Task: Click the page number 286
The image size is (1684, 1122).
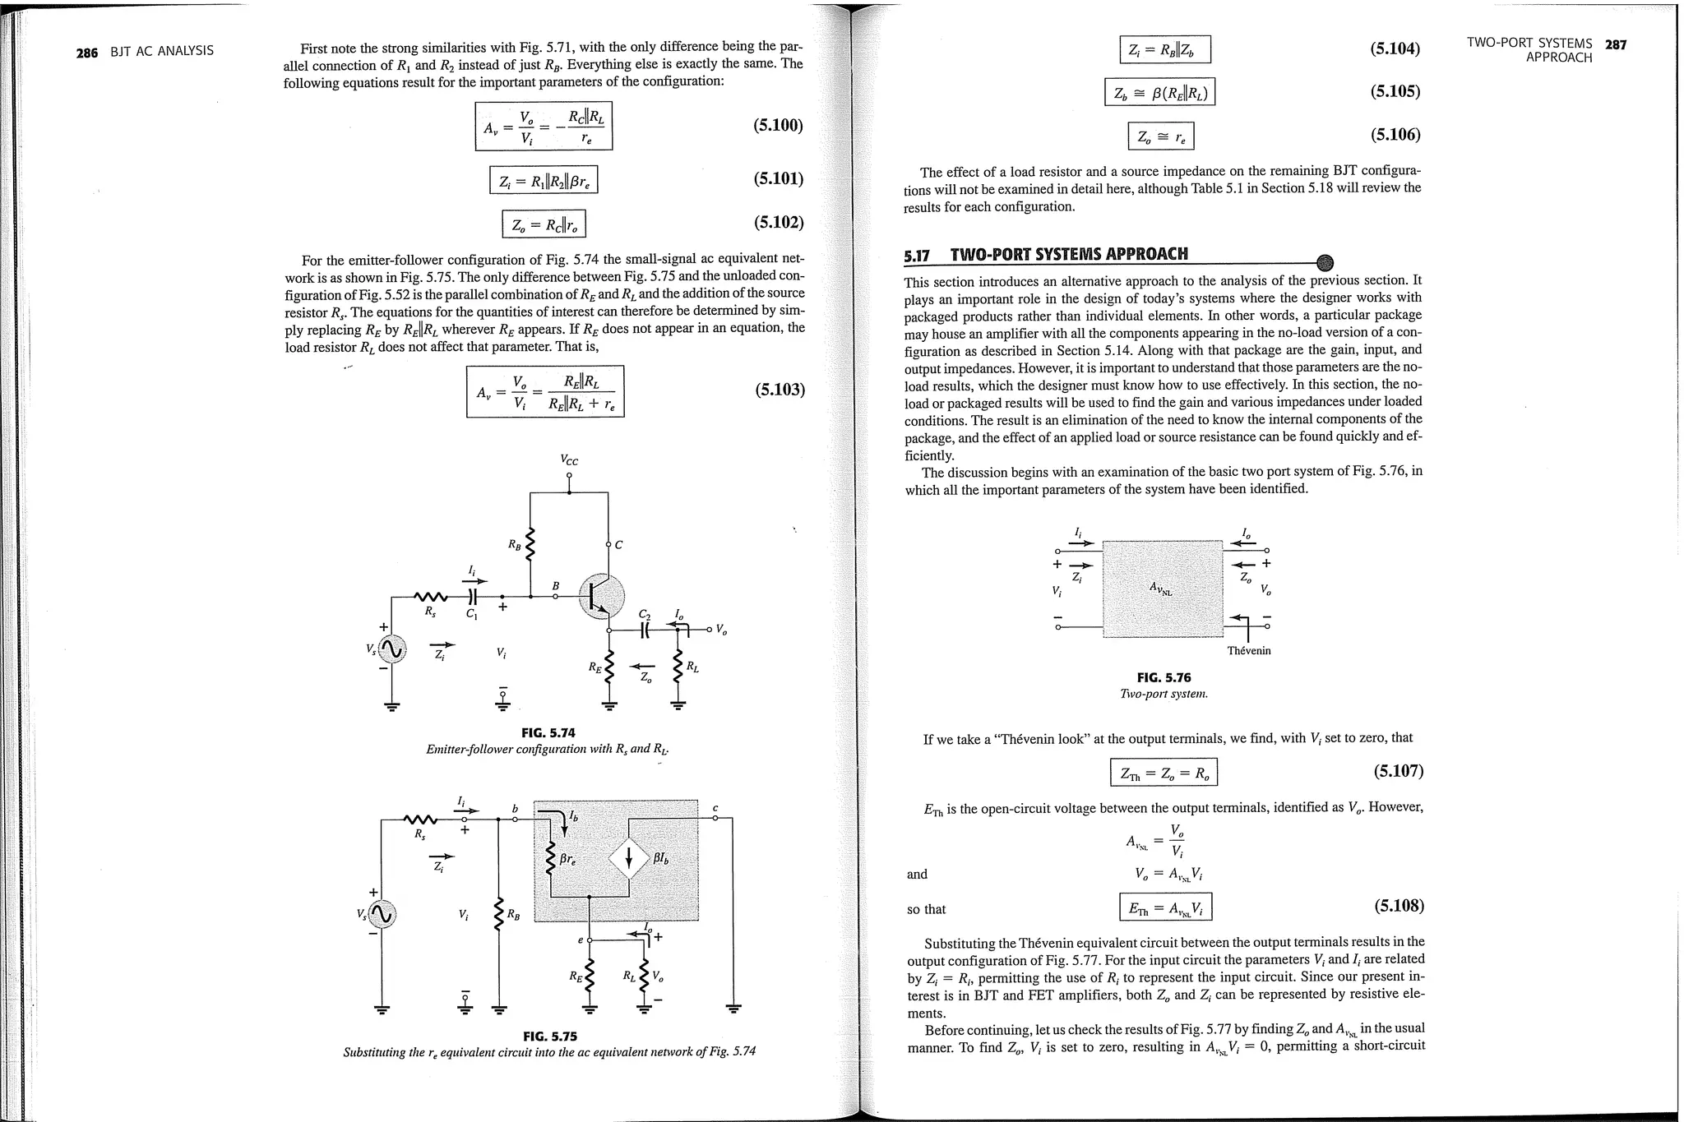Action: pyautogui.click(x=86, y=53)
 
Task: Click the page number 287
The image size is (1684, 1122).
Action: pyautogui.click(x=1616, y=44)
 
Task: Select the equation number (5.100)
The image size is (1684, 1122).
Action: pyautogui.click(x=778, y=125)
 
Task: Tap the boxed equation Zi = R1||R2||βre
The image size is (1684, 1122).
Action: pyautogui.click(x=544, y=179)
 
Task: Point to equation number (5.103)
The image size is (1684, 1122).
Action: pyautogui.click(x=780, y=389)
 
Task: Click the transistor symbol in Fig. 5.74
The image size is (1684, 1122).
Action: pyautogui.click(x=601, y=596)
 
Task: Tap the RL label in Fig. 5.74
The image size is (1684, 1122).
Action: pyautogui.click(x=693, y=667)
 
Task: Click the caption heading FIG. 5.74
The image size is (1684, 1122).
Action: pyautogui.click(x=548, y=732)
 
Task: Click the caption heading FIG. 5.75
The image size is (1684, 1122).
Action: pyautogui.click(x=549, y=1036)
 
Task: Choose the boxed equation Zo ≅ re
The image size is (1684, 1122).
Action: pyautogui.click(x=1160, y=136)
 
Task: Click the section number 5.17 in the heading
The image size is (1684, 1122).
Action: pyautogui.click(x=916, y=256)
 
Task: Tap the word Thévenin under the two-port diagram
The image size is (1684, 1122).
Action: pyautogui.click(x=1248, y=651)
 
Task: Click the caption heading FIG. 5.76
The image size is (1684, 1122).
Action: pyautogui.click(x=1164, y=677)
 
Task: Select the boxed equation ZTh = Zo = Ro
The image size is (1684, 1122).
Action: pyautogui.click(x=1164, y=773)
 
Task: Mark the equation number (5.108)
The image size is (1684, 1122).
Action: pyautogui.click(x=1399, y=906)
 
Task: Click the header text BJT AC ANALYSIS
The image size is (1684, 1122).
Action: pyautogui.click(x=162, y=51)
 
